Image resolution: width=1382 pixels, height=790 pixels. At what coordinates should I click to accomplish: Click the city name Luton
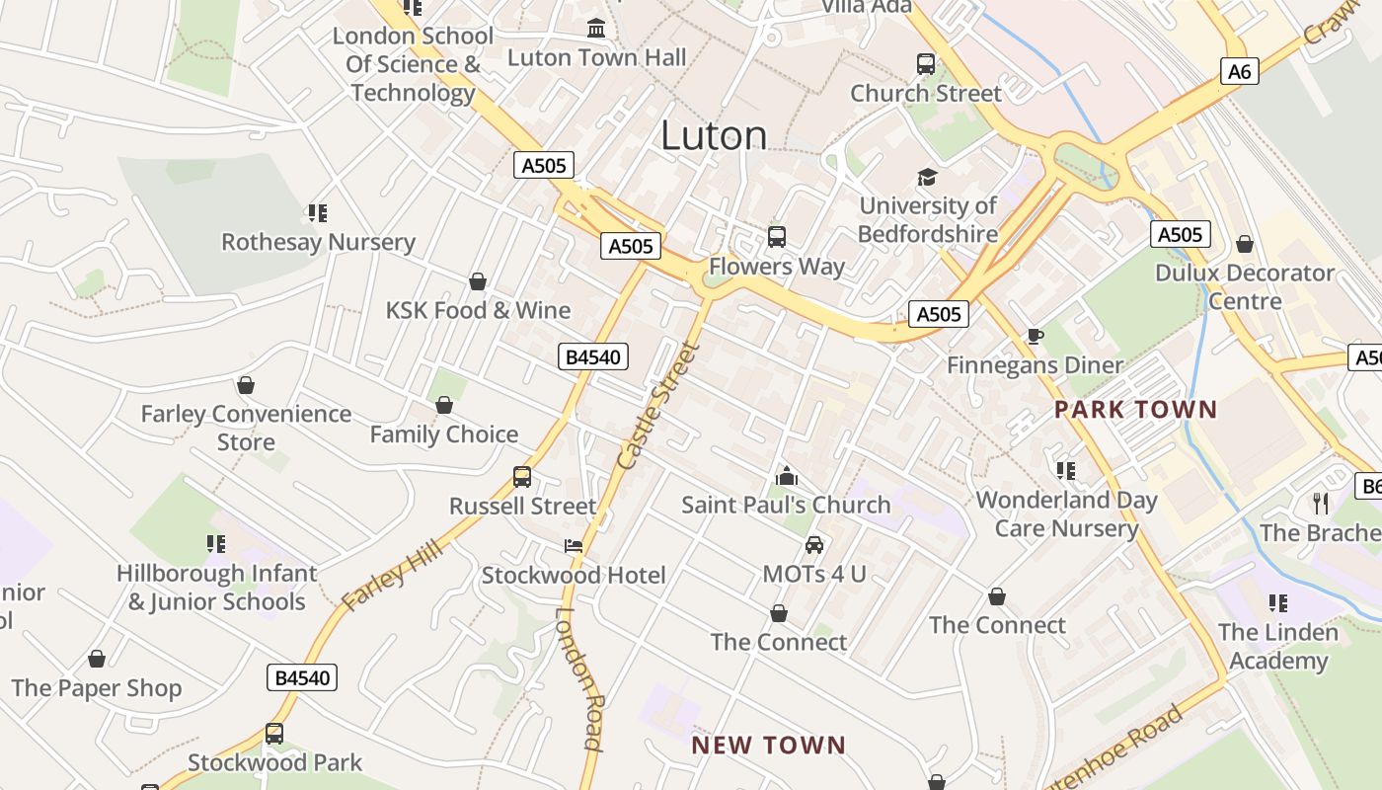click(714, 135)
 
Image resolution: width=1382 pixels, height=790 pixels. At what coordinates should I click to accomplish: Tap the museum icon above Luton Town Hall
click(596, 28)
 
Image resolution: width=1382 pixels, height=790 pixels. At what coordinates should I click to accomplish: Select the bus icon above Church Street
click(925, 64)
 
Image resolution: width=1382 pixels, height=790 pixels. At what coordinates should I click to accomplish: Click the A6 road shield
click(1240, 71)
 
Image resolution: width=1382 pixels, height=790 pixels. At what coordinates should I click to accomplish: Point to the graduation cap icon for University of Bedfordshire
click(927, 177)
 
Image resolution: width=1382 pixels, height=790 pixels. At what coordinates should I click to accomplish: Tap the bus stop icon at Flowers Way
click(777, 237)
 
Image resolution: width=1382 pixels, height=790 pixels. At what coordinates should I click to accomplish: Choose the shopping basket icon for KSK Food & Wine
click(478, 281)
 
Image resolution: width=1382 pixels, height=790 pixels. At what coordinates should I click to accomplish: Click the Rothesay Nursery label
click(318, 242)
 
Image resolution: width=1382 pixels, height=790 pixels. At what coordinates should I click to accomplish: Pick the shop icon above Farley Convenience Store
click(245, 385)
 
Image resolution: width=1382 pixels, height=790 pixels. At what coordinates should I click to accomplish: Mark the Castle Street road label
click(657, 406)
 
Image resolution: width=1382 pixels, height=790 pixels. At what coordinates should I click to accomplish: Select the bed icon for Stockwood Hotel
click(574, 546)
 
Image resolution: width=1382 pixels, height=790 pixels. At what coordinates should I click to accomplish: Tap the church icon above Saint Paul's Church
click(786, 476)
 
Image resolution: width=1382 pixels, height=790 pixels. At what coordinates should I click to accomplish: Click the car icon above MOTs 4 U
click(814, 544)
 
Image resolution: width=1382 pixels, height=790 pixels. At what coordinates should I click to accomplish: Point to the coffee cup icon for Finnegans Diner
click(1035, 337)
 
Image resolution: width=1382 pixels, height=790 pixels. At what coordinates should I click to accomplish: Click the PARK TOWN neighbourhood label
click(1135, 409)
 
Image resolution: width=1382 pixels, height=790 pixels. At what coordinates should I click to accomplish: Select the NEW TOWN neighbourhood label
click(769, 745)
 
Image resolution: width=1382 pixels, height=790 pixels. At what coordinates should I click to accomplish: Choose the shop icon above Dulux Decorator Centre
click(1245, 244)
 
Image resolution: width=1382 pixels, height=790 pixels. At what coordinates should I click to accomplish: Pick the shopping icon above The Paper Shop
click(97, 659)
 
